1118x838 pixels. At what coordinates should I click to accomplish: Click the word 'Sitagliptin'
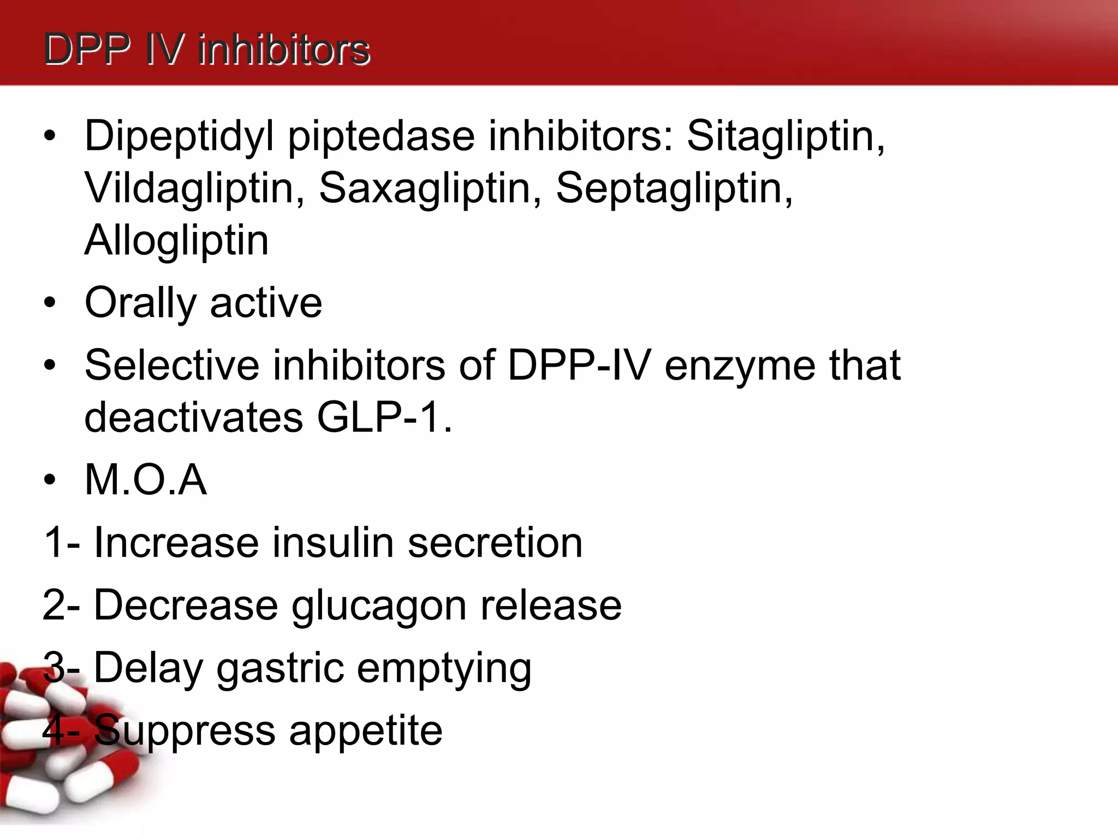tap(785, 136)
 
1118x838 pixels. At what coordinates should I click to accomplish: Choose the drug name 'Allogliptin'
tap(176, 240)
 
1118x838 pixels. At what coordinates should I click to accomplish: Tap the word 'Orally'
tap(140, 303)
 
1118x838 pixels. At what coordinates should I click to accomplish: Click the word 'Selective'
tap(172, 365)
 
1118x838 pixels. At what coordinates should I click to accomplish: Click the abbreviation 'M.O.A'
tap(146, 480)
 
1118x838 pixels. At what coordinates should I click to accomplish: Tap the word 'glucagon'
tap(379, 606)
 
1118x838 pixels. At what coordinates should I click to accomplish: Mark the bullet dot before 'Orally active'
tap(50, 303)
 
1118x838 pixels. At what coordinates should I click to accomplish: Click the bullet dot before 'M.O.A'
tap(50, 480)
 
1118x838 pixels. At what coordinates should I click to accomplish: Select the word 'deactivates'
tap(194, 418)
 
